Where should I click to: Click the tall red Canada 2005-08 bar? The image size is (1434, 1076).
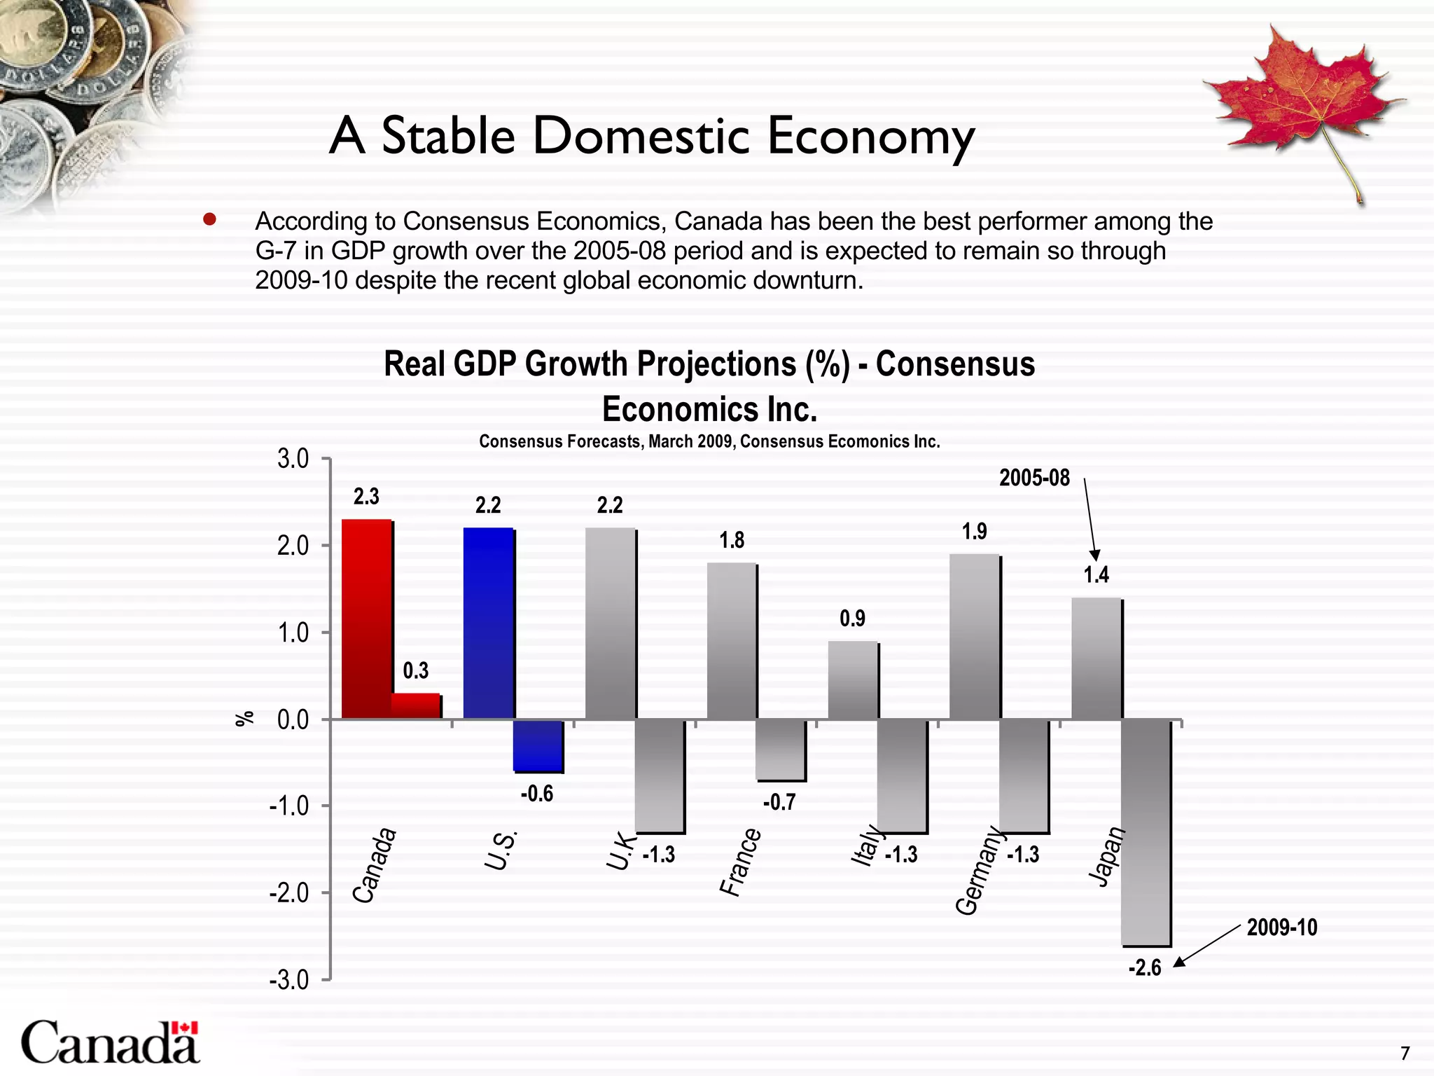(x=366, y=619)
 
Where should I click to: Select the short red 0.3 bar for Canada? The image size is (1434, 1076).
(x=415, y=706)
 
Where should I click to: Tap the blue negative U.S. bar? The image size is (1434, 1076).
(x=537, y=745)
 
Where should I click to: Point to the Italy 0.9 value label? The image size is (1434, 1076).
(x=852, y=619)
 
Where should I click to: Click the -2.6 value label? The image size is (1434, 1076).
(x=1144, y=968)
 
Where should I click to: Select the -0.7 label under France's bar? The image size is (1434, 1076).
(x=779, y=802)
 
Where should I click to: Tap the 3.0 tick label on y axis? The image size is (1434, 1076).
(x=293, y=460)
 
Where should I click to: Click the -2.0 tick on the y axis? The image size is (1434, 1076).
(x=288, y=893)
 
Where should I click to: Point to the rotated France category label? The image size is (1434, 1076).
(x=740, y=862)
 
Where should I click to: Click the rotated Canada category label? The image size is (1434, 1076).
(x=374, y=866)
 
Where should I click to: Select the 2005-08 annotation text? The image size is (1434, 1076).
(x=1033, y=478)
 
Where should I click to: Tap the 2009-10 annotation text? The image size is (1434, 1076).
(x=1281, y=927)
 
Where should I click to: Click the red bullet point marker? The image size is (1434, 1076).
(x=209, y=220)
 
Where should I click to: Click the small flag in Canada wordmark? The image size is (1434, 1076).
(x=185, y=1028)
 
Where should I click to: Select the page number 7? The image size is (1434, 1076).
(x=1405, y=1054)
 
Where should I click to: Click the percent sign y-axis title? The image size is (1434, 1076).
(x=244, y=719)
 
